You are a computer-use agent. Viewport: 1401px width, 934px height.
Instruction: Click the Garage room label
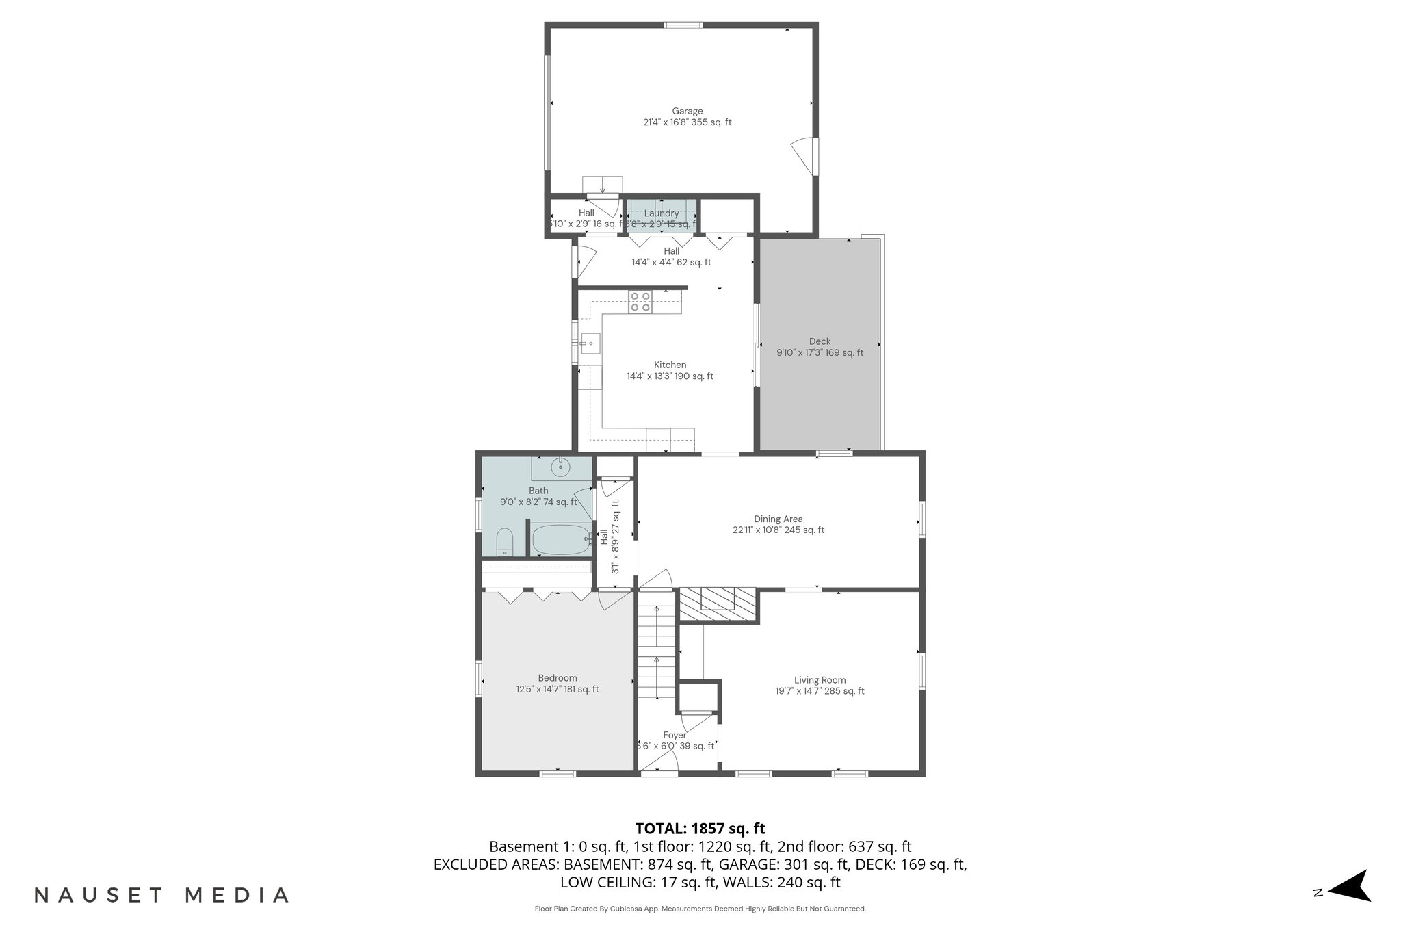pyautogui.click(x=687, y=111)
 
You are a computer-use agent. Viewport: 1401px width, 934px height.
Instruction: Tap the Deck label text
pyautogui.click(x=820, y=341)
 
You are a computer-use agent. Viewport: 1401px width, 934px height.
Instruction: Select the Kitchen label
pyautogui.click(x=670, y=365)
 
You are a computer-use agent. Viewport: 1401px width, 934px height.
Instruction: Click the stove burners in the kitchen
pyautogui.click(x=641, y=302)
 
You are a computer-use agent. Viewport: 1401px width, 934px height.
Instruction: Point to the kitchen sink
pyautogui.click(x=590, y=343)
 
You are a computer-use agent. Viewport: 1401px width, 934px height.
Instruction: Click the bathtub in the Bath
pyautogui.click(x=561, y=540)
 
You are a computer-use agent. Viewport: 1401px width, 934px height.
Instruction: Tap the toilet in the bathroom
pyautogui.click(x=504, y=543)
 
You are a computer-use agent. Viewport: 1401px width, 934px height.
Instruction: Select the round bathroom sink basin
pyautogui.click(x=561, y=468)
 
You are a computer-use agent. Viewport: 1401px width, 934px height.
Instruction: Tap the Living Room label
pyautogui.click(x=820, y=680)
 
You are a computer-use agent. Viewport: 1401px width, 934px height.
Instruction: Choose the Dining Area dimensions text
pyautogui.click(x=778, y=530)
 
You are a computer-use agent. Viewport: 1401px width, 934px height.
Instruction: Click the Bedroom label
pyautogui.click(x=557, y=678)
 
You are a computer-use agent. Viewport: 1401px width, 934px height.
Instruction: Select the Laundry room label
pyautogui.click(x=661, y=213)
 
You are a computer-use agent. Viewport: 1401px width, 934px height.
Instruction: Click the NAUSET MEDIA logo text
pyautogui.click(x=161, y=895)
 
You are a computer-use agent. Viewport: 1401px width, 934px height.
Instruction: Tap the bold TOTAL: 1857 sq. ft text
pyautogui.click(x=700, y=829)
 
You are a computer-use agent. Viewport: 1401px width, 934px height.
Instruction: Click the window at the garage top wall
pyautogui.click(x=683, y=25)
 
